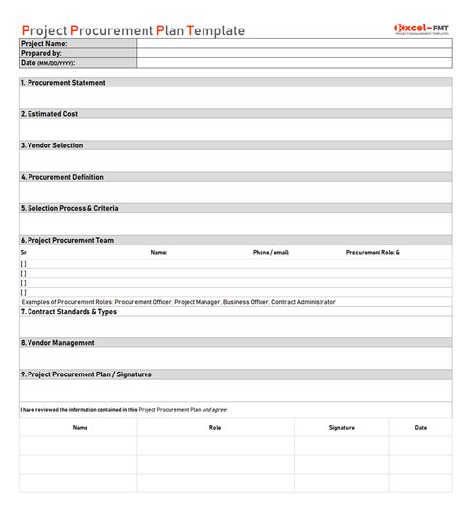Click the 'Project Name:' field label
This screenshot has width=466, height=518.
(44, 44)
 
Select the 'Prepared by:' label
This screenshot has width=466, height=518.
(41, 53)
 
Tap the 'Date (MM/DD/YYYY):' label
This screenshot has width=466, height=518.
(47, 63)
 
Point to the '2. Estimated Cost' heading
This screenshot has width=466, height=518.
(49, 114)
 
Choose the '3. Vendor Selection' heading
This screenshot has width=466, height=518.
(52, 145)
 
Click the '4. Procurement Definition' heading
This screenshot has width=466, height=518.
(62, 177)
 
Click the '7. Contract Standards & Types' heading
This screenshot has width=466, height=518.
(69, 311)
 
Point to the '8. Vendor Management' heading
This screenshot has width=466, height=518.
(58, 343)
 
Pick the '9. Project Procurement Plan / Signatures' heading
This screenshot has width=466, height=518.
(87, 374)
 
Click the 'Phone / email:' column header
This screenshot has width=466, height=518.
(271, 252)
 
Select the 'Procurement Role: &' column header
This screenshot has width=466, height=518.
(373, 252)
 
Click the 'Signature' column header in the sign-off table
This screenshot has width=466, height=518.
(342, 428)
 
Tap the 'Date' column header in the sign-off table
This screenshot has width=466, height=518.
(421, 428)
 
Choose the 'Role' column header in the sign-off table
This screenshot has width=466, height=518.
(215, 428)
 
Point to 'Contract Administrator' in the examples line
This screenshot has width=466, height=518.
(303, 302)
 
